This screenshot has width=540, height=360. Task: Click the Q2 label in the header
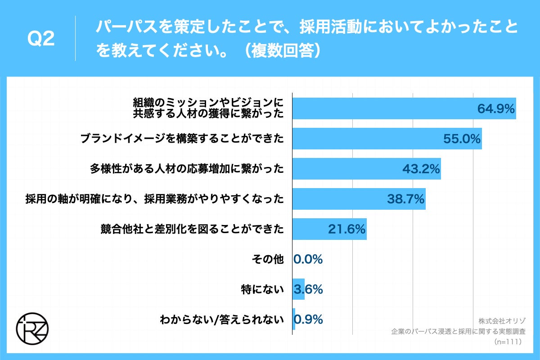coord(41,39)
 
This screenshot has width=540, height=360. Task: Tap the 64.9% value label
coord(495,108)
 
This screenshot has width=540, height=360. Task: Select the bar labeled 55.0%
coord(387,139)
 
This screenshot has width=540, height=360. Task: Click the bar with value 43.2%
coord(366,169)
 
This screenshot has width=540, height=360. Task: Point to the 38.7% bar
coord(359,199)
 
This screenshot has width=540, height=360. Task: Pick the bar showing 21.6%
coord(329,229)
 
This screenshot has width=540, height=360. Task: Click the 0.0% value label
coord(308,260)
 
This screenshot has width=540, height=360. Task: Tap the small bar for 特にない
coord(298,289)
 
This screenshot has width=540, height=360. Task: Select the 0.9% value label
coord(309,320)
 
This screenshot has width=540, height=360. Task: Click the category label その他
coord(268,260)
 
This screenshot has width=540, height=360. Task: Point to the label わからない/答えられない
coord(222,320)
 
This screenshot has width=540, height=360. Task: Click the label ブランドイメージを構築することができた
coord(182,139)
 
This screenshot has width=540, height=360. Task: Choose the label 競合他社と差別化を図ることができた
coord(192,229)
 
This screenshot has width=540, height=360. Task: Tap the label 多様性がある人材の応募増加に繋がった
coord(187,169)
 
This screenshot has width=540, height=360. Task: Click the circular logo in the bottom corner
coord(32,324)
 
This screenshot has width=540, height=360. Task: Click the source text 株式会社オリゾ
coord(499,321)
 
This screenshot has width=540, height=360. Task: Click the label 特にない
coord(262,290)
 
